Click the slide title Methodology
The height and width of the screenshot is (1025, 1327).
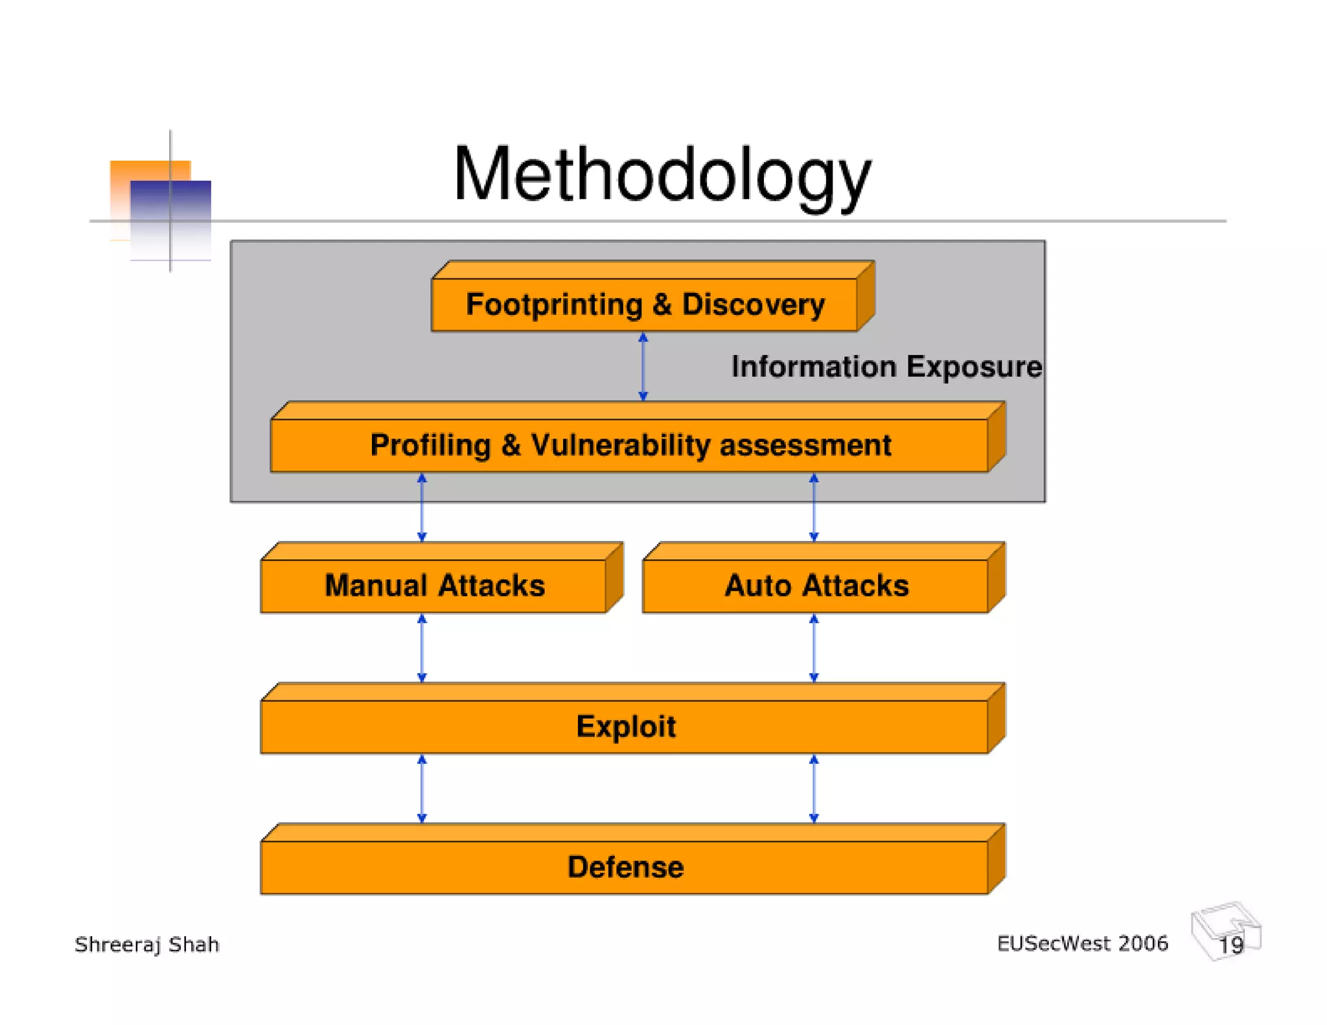click(662, 175)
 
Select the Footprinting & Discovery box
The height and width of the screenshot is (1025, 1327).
click(645, 305)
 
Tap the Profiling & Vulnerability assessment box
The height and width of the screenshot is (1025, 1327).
click(630, 445)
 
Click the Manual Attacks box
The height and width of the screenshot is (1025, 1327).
click(434, 585)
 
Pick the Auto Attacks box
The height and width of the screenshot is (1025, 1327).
click(816, 585)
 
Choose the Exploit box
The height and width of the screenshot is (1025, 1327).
click(625, 726)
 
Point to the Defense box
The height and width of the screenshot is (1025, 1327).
click(625, 867)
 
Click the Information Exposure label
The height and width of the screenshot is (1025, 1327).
click(886, 367)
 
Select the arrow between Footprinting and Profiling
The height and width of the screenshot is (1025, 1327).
click(643, 367)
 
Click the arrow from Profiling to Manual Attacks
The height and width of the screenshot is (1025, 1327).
click(422, 507)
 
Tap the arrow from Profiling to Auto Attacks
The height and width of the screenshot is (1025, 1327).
click(814, 507)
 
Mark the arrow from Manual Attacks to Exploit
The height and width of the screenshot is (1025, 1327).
click(422, 648)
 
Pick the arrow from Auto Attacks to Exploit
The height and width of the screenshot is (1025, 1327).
click(814, 648)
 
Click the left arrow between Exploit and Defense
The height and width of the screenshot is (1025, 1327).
click(422, 789)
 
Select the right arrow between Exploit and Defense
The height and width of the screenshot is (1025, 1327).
click(814, 789)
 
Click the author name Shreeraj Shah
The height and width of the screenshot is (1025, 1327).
click(147, 945)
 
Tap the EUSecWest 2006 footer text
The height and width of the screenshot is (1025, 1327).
click(1082, 943)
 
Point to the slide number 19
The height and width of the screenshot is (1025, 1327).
click(1230, 945)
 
